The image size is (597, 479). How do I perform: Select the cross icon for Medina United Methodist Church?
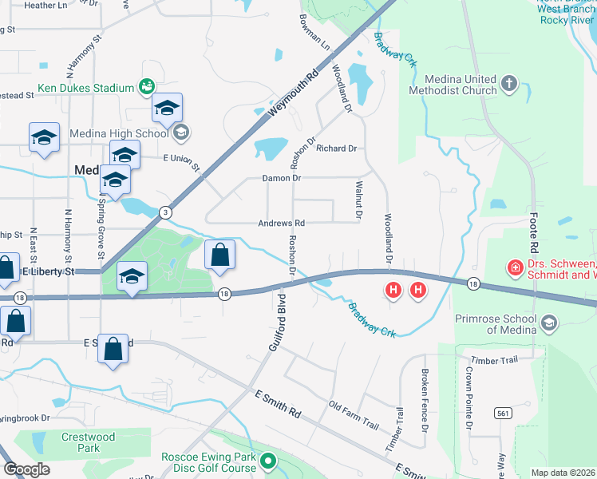(x=508, y=82)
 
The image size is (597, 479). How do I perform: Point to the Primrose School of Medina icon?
(x=548, y=323)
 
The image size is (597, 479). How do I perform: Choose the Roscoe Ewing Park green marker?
(x=269, y=460)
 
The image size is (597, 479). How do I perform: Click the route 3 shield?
(x=164, y=212)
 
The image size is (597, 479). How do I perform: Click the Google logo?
(x=26, y=469)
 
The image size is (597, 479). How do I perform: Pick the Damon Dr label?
(x=282, y=178)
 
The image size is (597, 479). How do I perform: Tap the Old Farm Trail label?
(x=354, y=414)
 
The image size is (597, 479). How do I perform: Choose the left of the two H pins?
(x=393, y=291)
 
